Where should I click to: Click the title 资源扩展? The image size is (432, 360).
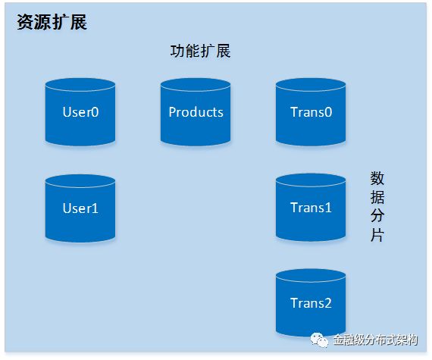pyautogui.click(x=52, y=22)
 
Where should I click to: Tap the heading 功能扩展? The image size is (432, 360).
pyautogui.click(x=200, y=51)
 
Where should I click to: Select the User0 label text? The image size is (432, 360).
pyautogui.click(x=80, y=112)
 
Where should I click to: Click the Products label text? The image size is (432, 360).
pyautogui.click(x=196, y=112)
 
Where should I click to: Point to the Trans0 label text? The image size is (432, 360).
pyautogui.click(x=311, y=112)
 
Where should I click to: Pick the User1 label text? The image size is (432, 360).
pyautogui.click(x=80, y=208)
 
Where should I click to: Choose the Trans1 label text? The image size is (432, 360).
pyautogui.click(x=311, y=208)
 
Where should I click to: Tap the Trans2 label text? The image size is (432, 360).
pyautogui.click(x=311, y=303)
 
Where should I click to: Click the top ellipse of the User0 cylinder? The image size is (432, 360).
pyautogui.click(x=80, y=84)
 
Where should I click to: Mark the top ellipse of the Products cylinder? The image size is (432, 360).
pyautogui.click(x=196, y=84)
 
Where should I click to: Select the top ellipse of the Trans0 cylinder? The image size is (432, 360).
pyautogui.click(x=311, y=84)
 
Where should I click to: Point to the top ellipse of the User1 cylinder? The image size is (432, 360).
pyautogui.click(x=80, y=180)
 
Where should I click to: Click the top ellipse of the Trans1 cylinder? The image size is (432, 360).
pyautogui.click(x=311, y=180)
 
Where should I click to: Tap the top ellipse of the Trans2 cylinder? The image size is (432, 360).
pyautogui.click(x=311, y=275)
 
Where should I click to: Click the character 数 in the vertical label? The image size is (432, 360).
pyautogui.click(x=377, y=179)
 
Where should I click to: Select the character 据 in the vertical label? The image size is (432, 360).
pyautogui.click(x=377, y=197)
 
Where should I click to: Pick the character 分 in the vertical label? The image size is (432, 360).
pyautogui.click(x=377, y=216)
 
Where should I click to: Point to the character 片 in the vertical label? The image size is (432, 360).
pyautogui.click(x=377, y=235)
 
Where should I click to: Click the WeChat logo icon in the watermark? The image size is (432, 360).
pyautogui.click(x=320, y=340)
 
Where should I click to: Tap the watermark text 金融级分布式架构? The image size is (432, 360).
pyautogui.click(x=375, y=340)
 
